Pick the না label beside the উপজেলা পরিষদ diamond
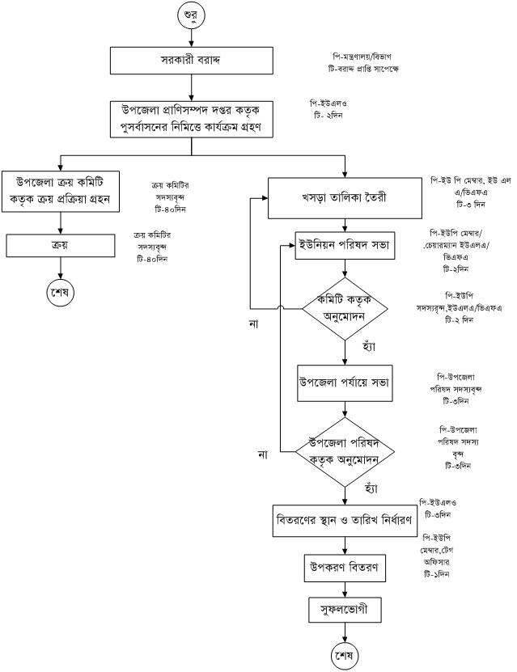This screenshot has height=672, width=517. coord(262,454)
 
